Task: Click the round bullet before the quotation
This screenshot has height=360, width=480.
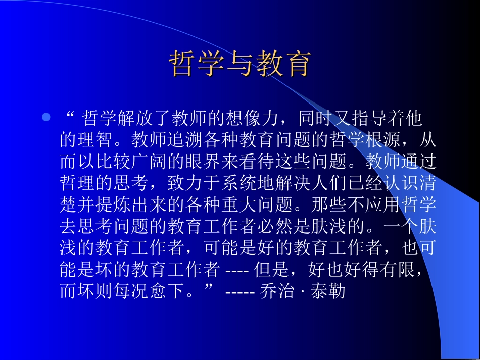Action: click(46, 118)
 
